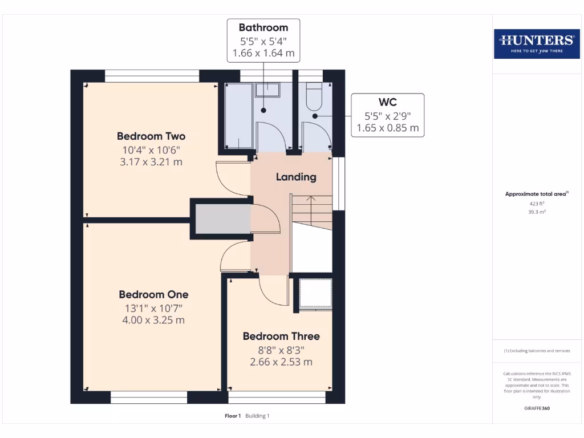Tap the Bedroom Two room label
click(x=151, y=136)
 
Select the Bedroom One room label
click(x=153, y=295)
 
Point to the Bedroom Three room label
click(x=281, y=336)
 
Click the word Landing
click(x=296, y=177)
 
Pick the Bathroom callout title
click(x=263, y=27)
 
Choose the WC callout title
click(x=388, y=103)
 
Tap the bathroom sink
click(x=267, y=90)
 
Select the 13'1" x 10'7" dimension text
click(x=153, y=308)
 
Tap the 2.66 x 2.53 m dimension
click(x=281, y=362)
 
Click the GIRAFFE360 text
click(x=536, y=408)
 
